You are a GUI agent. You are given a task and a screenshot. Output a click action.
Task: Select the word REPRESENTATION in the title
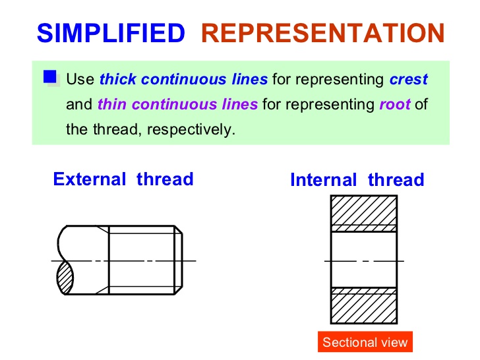[x=322, y=33]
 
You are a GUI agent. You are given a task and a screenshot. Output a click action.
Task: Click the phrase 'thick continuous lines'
[x=183, y=80]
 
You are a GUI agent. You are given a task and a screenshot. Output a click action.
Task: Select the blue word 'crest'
[x=408, y=80]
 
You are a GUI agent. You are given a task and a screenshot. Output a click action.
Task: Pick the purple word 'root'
[x=395, y=104]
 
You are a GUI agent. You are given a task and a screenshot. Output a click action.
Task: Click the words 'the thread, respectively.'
[x=150, y=129]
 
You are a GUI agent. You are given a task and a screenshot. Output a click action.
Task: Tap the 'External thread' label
[x=123, y=179]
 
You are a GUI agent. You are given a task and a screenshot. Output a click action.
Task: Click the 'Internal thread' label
[x=357, y=180]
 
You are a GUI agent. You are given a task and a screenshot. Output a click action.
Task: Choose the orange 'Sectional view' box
[x=365, y=342]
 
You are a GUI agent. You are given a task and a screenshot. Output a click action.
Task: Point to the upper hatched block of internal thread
[x=363, y=210]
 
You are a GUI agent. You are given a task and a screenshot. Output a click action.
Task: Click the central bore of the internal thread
[x=363, y=260]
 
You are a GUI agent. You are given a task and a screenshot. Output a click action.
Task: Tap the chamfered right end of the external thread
[x=179, y=260]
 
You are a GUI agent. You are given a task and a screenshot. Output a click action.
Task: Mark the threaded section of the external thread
[x=142, y=260]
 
